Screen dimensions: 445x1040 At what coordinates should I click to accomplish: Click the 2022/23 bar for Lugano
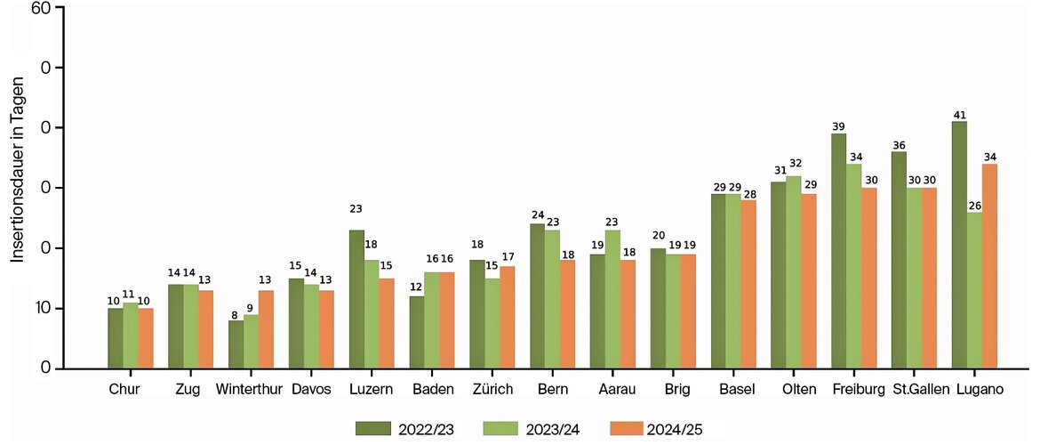(x=959, y=245)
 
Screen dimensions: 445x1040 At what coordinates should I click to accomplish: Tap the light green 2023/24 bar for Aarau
(x=612, y=299)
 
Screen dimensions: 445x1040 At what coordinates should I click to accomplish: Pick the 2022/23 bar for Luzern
(x=356, y=299)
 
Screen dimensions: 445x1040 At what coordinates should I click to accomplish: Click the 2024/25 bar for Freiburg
(x=868, y=278)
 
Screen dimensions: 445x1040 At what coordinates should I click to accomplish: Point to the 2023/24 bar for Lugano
(x=974, y=290)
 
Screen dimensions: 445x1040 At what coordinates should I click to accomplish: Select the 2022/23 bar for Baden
(x=417, y=332)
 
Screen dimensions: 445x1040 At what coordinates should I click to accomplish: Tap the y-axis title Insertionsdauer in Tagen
(x=18, y=169)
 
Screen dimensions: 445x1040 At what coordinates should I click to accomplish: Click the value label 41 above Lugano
(x=959, y=114)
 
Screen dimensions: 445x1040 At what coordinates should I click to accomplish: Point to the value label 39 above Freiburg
(x=838, y=126)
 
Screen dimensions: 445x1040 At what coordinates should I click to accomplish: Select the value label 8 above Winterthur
(x=236, y=314)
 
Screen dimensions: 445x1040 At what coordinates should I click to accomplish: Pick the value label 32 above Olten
(x=794, y=164)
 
